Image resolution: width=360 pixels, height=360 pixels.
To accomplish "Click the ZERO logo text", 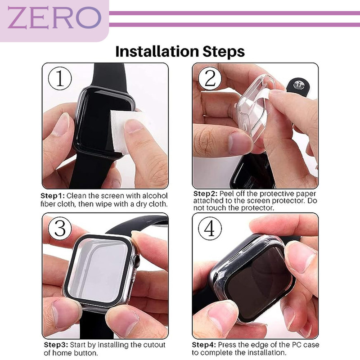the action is tap(54, 18).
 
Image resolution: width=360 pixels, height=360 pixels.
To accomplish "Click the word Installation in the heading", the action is tap(157, 51).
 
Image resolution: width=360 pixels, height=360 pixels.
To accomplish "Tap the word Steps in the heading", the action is tap(224, 52).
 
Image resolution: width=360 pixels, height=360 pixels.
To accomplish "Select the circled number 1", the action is tap(60, 78).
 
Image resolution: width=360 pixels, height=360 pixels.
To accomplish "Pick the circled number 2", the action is tap(210, 78).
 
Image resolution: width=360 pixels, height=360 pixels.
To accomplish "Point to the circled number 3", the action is tap(60, 229).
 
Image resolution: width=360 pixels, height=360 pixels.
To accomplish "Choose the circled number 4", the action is tap(210, 229).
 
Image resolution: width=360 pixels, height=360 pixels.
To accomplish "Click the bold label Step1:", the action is tap(53, 196).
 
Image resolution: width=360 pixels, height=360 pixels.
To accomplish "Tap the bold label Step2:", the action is tap(205, 194).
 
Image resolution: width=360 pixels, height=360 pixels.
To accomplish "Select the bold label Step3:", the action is tap(56, 345).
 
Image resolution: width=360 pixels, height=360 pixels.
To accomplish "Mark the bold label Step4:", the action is tap(204, 345).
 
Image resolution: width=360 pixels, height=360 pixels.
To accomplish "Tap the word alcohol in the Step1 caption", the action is tap(155, 196).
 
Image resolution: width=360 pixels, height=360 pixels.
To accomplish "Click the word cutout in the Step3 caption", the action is tap(154, 345).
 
